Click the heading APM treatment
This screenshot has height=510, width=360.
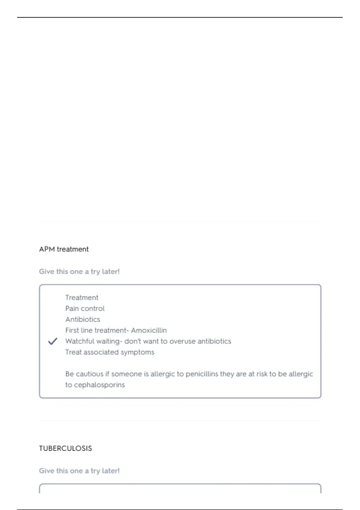[64, 249]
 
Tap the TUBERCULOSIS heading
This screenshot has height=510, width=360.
[65, 448]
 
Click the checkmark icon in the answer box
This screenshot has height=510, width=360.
[52, 341]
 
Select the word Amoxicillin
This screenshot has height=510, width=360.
[149, 330]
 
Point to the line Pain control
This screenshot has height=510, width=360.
[85, 308]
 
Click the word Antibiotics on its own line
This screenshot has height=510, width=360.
[83, 319]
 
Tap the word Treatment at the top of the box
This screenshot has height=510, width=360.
[82, 298]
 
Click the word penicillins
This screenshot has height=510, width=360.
[202, 374]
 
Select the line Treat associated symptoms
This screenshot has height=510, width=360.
[110, 352]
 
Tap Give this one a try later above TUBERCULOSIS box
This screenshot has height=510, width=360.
[79, 471]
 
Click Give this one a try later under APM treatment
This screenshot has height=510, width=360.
[79, 271]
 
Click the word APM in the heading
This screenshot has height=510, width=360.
[46, 249]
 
